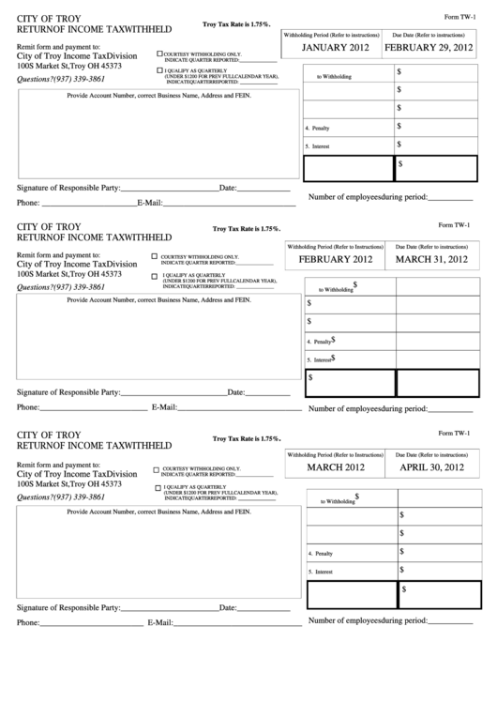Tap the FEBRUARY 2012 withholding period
(x=336, y=259)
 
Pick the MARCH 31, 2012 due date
(x=431, y=259)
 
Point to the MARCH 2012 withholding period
(x=335, y=466)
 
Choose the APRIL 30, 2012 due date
(x=431, y=466)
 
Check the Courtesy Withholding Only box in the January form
(x=159, y=54)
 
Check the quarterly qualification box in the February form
(x=155, y=276)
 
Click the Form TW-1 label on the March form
(x=455, y=433)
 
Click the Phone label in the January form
(x=27, y=203)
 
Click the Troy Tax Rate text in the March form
(x=247, y=438)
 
